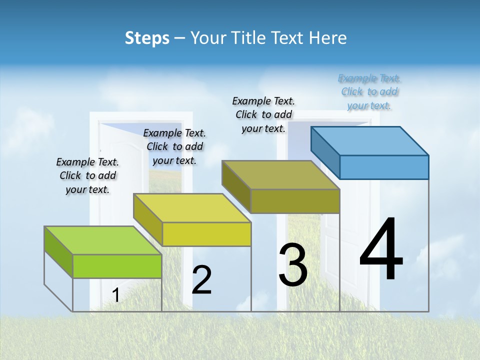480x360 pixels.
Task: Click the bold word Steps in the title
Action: click(x=147, y=38)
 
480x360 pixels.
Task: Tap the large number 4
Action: click(x=381, y=250)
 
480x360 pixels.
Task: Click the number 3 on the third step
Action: click(x=293, y=265)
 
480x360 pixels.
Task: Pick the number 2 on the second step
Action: click(x=201, y=280)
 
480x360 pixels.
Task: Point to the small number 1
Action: click(x=115, y=295)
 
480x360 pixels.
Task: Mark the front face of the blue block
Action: click(x=384, y=167)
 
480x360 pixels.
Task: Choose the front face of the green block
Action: click(x=117, y=266)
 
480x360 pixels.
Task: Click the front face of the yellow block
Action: click(x=206, y=234)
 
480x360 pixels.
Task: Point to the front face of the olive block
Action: click(x=295, y=201)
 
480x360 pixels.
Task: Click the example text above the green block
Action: click(x=87, y=175)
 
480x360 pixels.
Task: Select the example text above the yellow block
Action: click(x=174, y=146)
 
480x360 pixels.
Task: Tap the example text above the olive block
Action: click(x=263, y=114)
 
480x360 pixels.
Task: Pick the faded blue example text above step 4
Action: click(x=369, y=91)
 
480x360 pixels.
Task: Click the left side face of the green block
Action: click(x=58, y=252)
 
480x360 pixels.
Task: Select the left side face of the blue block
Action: click(x=325, y=152)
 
